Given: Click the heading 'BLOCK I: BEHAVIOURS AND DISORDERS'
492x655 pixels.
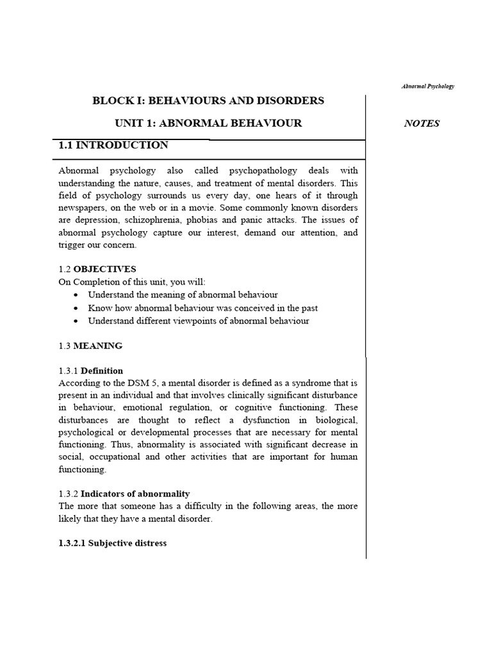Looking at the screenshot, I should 208,100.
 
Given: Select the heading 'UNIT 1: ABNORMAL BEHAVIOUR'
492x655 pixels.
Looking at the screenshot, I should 208,123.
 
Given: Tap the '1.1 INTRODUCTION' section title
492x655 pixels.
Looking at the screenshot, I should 113,145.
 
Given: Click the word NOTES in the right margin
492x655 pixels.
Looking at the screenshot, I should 422,123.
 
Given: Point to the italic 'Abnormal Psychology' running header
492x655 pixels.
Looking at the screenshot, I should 429,86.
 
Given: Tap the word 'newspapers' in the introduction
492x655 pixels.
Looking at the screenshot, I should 82,208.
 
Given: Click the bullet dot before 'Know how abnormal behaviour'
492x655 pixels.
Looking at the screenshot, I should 76,308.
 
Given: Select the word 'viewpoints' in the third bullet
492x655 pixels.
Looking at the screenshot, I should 195,320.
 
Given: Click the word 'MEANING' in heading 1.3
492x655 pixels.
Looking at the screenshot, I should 98,346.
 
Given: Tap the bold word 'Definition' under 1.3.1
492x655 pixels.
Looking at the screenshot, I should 102,371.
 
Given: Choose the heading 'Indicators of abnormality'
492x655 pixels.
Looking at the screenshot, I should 135,494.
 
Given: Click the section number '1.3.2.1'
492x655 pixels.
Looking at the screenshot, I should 72,543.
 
